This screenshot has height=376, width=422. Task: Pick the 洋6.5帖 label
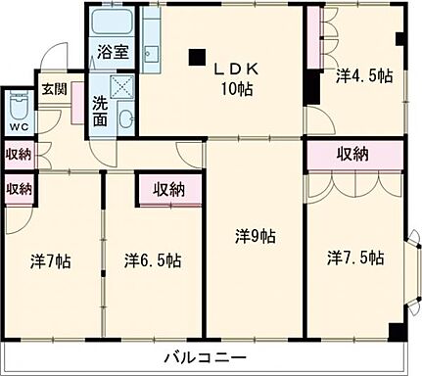click(x=152, y=261)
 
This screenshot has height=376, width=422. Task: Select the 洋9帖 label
click(x=254, y=236)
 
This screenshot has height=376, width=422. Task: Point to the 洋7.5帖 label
click(x=355, y=258)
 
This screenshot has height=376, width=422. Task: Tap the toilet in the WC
click(x=19, y=104)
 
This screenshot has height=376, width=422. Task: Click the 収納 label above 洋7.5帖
click(x=353, y=154)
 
